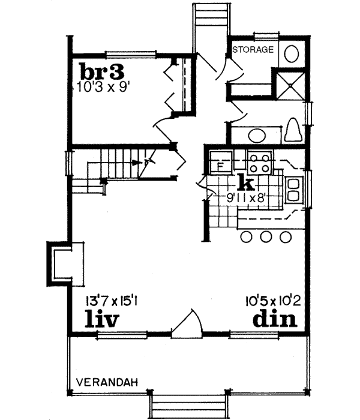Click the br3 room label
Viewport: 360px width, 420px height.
(101, 72)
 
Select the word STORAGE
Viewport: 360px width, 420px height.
(253, 49)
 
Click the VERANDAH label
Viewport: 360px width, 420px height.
(108, 382)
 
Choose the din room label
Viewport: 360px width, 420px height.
(274, 318)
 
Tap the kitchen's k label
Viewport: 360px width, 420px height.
(244, 181)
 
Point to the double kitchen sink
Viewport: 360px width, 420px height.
(295, 188)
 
